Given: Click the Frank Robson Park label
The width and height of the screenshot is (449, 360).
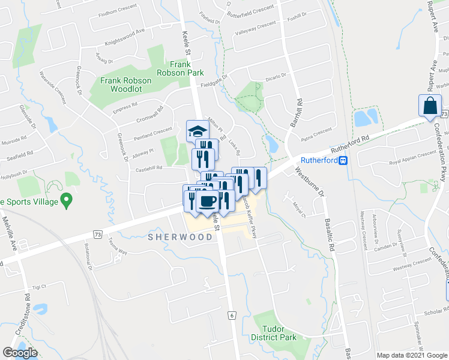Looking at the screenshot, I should pyautogui.click(x=187, y=68).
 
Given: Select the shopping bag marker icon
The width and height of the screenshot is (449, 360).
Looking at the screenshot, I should pyautogui.click(x=432, y=106).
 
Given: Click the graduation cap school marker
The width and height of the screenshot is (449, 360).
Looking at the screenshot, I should pyautogui.click(x=197, y=130).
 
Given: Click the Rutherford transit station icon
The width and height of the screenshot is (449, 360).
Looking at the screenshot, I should pyautogui.click(x=343, y=160).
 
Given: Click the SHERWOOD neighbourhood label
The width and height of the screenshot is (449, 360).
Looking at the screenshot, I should pyautogui.click(x=180, y=237).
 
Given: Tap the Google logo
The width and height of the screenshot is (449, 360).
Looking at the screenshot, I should pyautogui.click(x=20, y=353).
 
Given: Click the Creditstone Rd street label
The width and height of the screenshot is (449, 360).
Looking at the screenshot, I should pyautogui.click(x=27, y=313).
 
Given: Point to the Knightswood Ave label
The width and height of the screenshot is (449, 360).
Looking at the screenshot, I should pyautogui.click(x=125, y=37).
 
